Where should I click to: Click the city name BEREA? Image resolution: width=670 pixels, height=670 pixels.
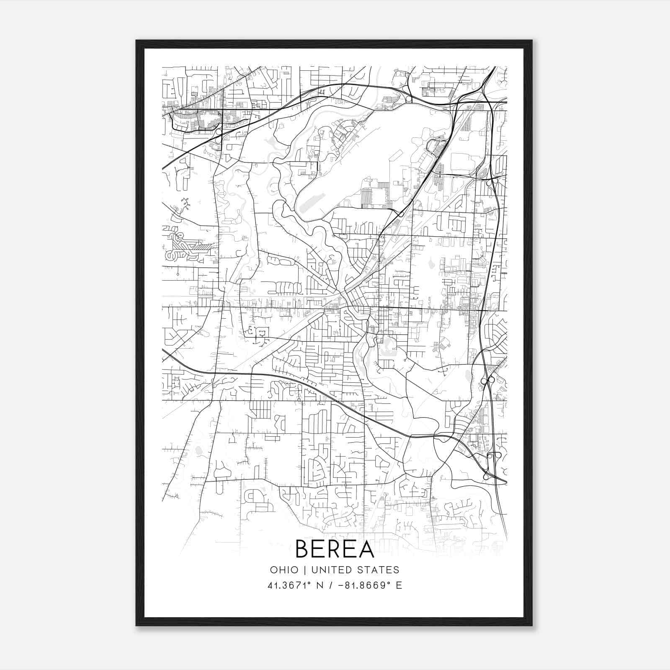pyautogui.click(x=335, y=549)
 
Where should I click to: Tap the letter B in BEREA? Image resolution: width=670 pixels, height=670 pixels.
pyautogui.click(x=303, y=549)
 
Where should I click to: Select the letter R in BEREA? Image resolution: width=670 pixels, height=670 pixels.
pyautogui.click(x=335, y=549)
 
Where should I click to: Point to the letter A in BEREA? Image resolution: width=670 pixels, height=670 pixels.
pyautogui.click(x=365, y=549)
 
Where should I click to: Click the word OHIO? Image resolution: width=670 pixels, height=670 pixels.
pyautogui.click(x=284, y=570)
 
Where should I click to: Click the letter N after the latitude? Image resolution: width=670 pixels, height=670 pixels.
pyautogui.click(x=320, y=585)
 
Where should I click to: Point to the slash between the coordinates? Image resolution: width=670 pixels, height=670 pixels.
pyautogui.click(x=332, y=585)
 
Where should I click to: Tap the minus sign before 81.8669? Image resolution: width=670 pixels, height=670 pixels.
pyautogui.click(x=343, y=585)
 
